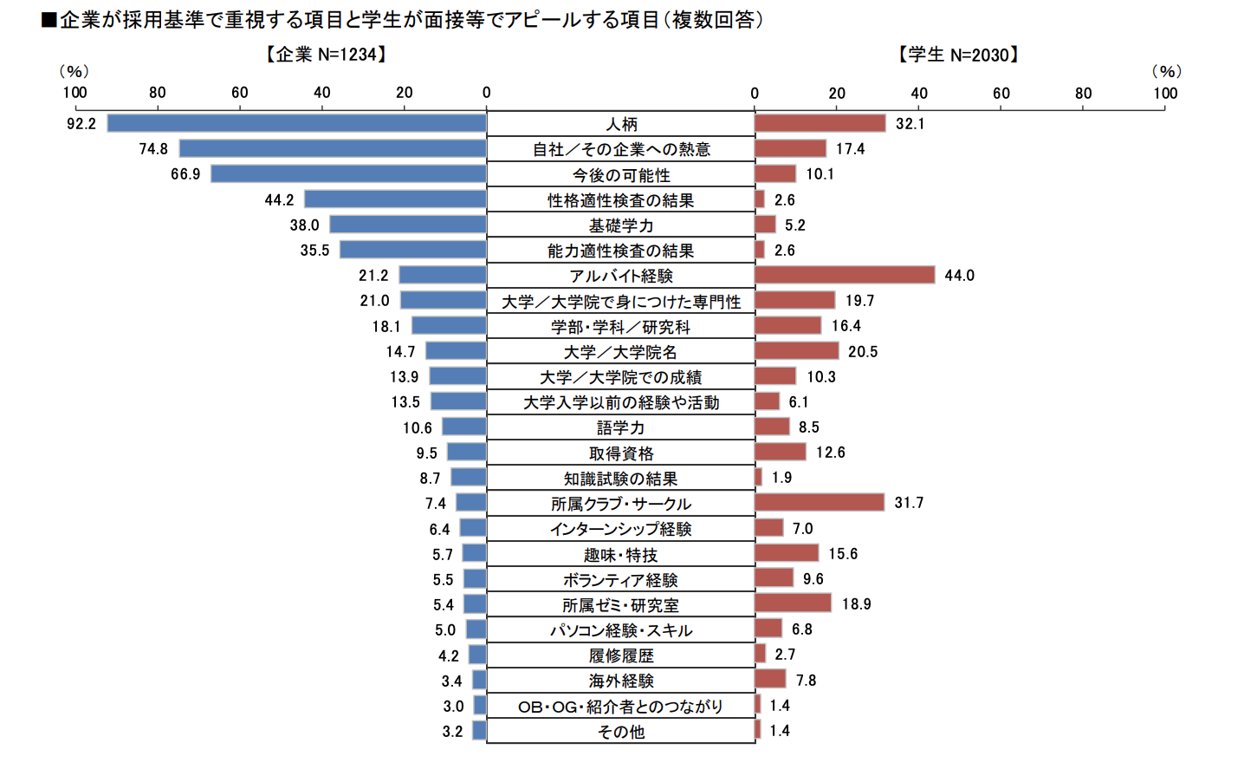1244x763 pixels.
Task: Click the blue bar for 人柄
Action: pyautogui.click(x=296, y=123)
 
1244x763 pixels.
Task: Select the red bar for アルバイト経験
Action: pyautogui.click(x=845, y=275)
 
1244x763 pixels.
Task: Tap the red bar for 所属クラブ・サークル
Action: pyautogui.click(x=820, y=503)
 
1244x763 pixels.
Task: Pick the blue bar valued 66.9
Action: pyautogui.click(x=348, y=173)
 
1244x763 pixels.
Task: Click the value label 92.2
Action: pyautogui.click(x=81, y=124)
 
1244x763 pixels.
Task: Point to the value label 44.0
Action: pyautogui.click(x=959, y=276)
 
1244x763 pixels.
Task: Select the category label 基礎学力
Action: pyautogui.click(x=621, y=225)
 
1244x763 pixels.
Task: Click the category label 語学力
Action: pyautogui.click(x=621, y=427)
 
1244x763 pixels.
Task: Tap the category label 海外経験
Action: pyautogui.click(x=621, y=681)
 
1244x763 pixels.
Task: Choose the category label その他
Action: pyautogui.click(x=621, y=732)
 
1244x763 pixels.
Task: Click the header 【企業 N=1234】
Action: pyautogui.click(x=326, y=55)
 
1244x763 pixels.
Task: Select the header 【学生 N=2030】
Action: pyautogui.click(x=958, y=55)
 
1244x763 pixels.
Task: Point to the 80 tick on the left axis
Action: pyautogui.click(x=157, y=93)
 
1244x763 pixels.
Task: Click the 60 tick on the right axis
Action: pyautogui.click(x=1001, y=93)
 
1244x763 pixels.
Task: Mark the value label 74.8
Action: pyautogui.click(x=153, y=149)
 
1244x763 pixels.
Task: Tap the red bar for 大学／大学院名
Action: pyautogui.click(x=796, y=351)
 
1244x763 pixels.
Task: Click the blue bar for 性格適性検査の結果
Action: pyautogui.click(x=395, y=199)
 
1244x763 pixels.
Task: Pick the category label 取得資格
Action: pyautogui.click(x=621, y=453)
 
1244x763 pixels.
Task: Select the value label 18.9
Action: pyautogui.click(x=856, y=604)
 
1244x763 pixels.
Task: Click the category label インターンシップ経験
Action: pyautogui.click(x=621, y=529)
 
